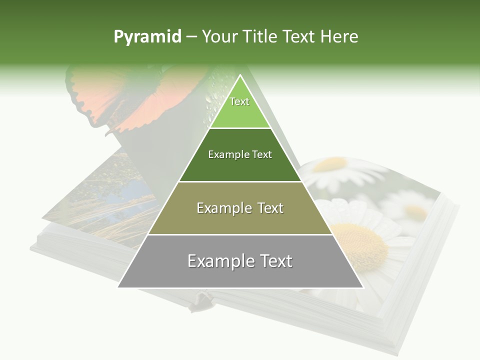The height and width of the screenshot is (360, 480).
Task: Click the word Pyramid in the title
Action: coord(147,37)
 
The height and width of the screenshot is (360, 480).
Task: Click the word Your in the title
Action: coord(219,37)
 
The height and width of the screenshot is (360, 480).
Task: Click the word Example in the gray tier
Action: coord(217,261)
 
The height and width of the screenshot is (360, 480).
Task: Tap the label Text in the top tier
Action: coord(239,101)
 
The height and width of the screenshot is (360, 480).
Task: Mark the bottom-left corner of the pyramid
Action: coord(118,287)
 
